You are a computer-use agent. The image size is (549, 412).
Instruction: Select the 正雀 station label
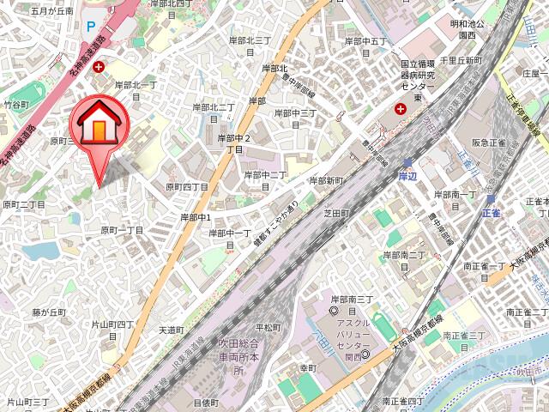[x=491, y=211]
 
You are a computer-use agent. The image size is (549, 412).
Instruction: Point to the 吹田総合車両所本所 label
[x=232, y=358]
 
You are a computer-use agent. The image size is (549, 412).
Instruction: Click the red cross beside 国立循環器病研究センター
[x=400, y=109]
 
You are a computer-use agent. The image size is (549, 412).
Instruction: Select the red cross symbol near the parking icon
[x=100, y=67]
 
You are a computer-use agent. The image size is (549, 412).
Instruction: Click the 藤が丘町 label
[x=50, y=312]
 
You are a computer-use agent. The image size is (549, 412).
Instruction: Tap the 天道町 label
[x=172, y=330]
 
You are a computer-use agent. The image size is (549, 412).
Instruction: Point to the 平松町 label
[x=268, y=327]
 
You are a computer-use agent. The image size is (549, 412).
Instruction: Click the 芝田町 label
[x=336, y=212]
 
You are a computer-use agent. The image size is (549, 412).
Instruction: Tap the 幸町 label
[x=308, y=367]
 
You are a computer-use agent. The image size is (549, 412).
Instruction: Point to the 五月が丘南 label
[x=52, y=11]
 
